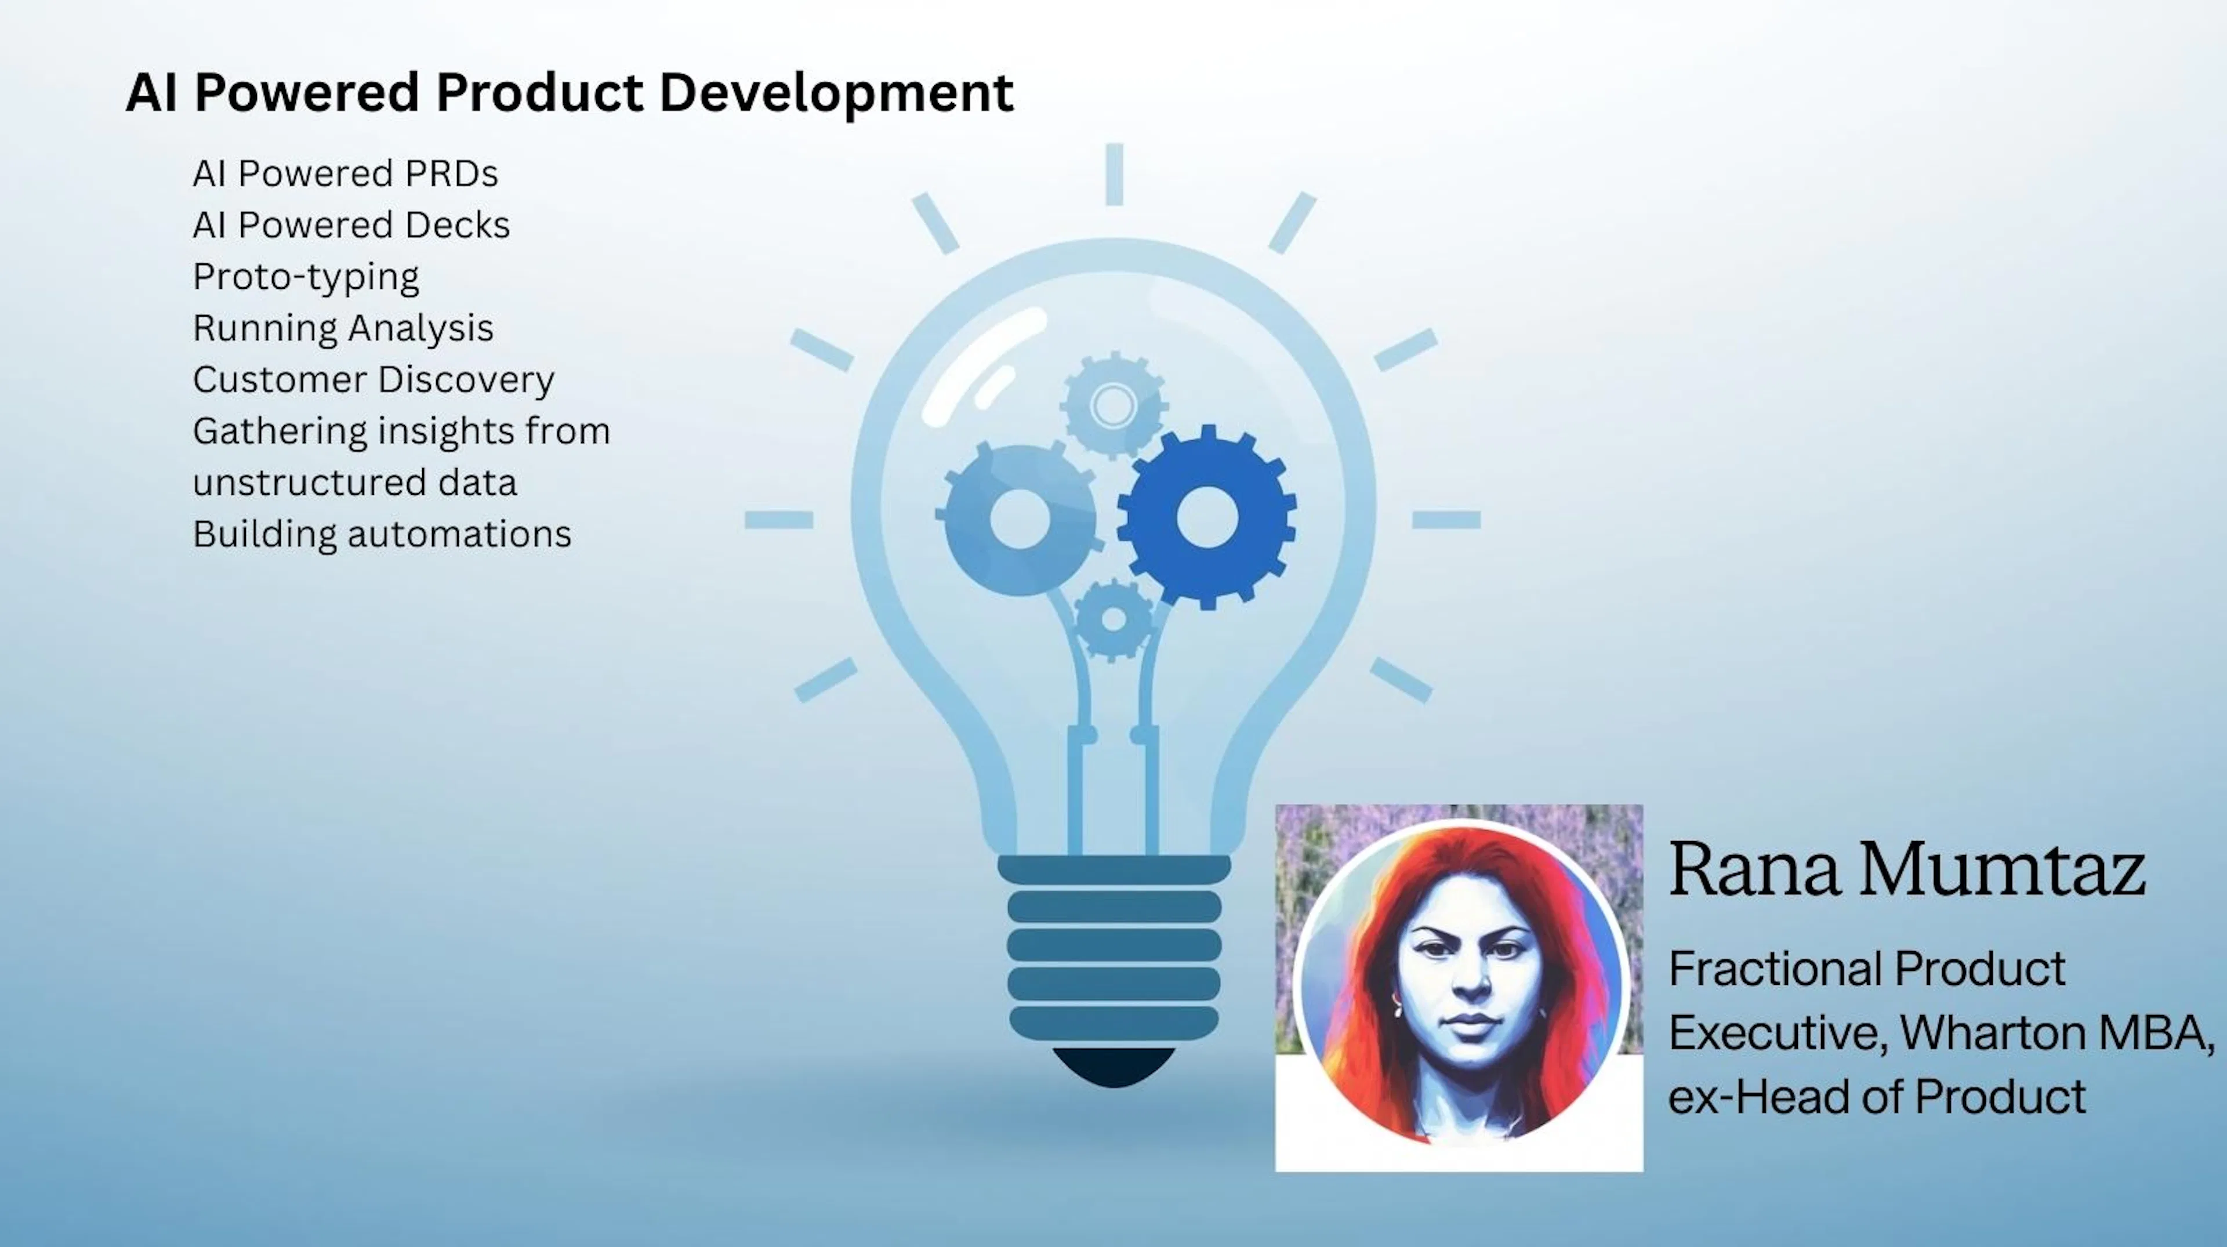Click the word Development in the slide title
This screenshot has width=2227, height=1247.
[x=836, y=93]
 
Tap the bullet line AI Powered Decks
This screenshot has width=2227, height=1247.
[x=351, y=225]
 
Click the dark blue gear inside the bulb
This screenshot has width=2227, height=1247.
[x=1207, y=517]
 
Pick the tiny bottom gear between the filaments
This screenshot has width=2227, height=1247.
[x=1113, y=619]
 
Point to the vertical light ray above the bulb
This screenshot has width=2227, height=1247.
[x=1114, y=174]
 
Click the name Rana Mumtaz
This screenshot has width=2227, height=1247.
[x=1906, y=869]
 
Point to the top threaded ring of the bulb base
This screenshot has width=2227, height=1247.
[x=1113, y=869]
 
